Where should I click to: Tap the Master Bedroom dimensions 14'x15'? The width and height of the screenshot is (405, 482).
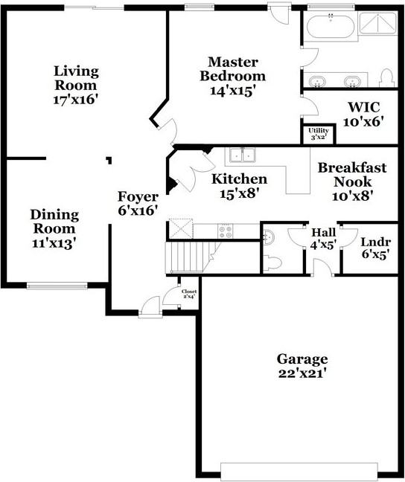pyautogui.click(x=237, y=91)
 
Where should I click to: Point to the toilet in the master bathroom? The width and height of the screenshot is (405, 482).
pyautogui.click(x=386, y=77)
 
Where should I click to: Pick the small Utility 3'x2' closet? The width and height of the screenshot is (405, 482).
pyautogui.click(x=316, y=135)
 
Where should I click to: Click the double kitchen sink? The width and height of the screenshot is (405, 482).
pyautogui.click(x=242, y=155)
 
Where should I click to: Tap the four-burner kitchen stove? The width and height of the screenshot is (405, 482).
pyautogui.click(x=225, y=231)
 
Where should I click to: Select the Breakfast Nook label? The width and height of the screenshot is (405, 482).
pyautogui.click(x=352, y=174)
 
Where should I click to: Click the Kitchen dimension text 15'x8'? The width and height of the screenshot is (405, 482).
pyautogui.click(x=239, y=194)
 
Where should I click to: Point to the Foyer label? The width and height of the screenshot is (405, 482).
pyautogui.click(x=138, y=197)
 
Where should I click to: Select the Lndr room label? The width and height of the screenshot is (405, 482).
pyautogui.click(x=375, y=242)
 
